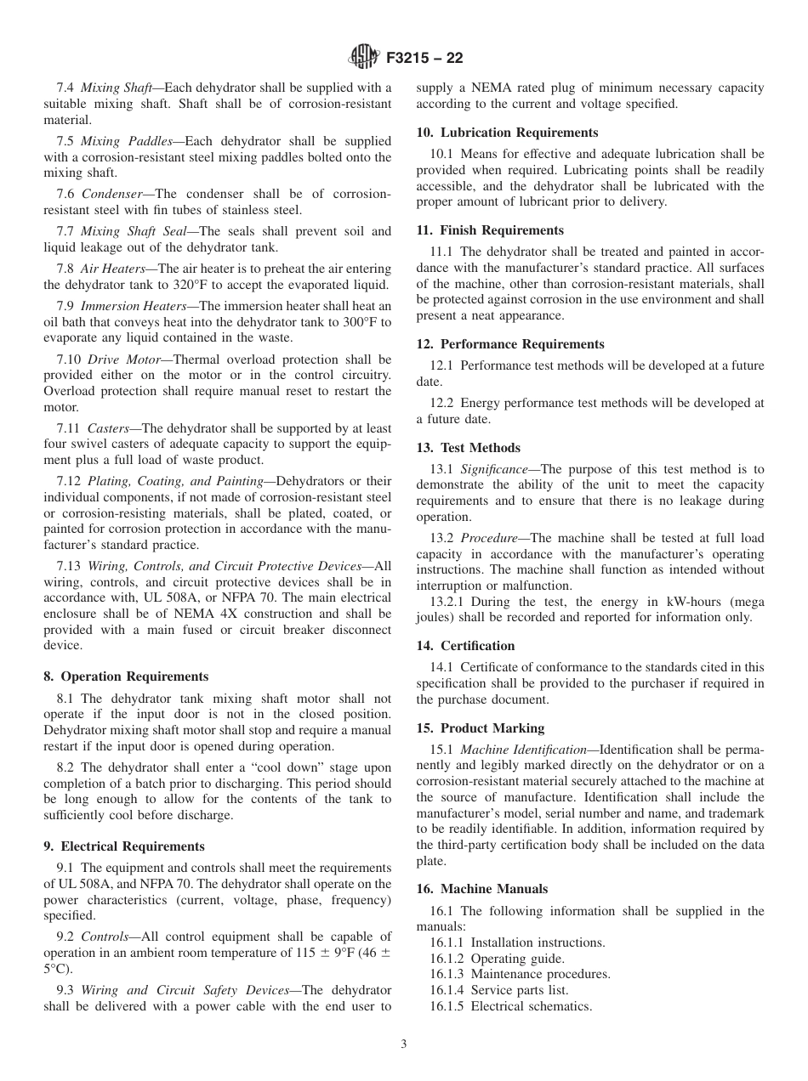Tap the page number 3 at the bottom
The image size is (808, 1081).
(404, 1044)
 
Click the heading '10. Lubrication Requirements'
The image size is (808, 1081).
(507, 133)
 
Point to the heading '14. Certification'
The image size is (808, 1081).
(465, 646)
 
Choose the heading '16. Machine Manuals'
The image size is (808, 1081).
(481, 889)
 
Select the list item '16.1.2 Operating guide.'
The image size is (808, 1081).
(492, 959)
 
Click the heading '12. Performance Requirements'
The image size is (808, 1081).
(510, 344)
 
